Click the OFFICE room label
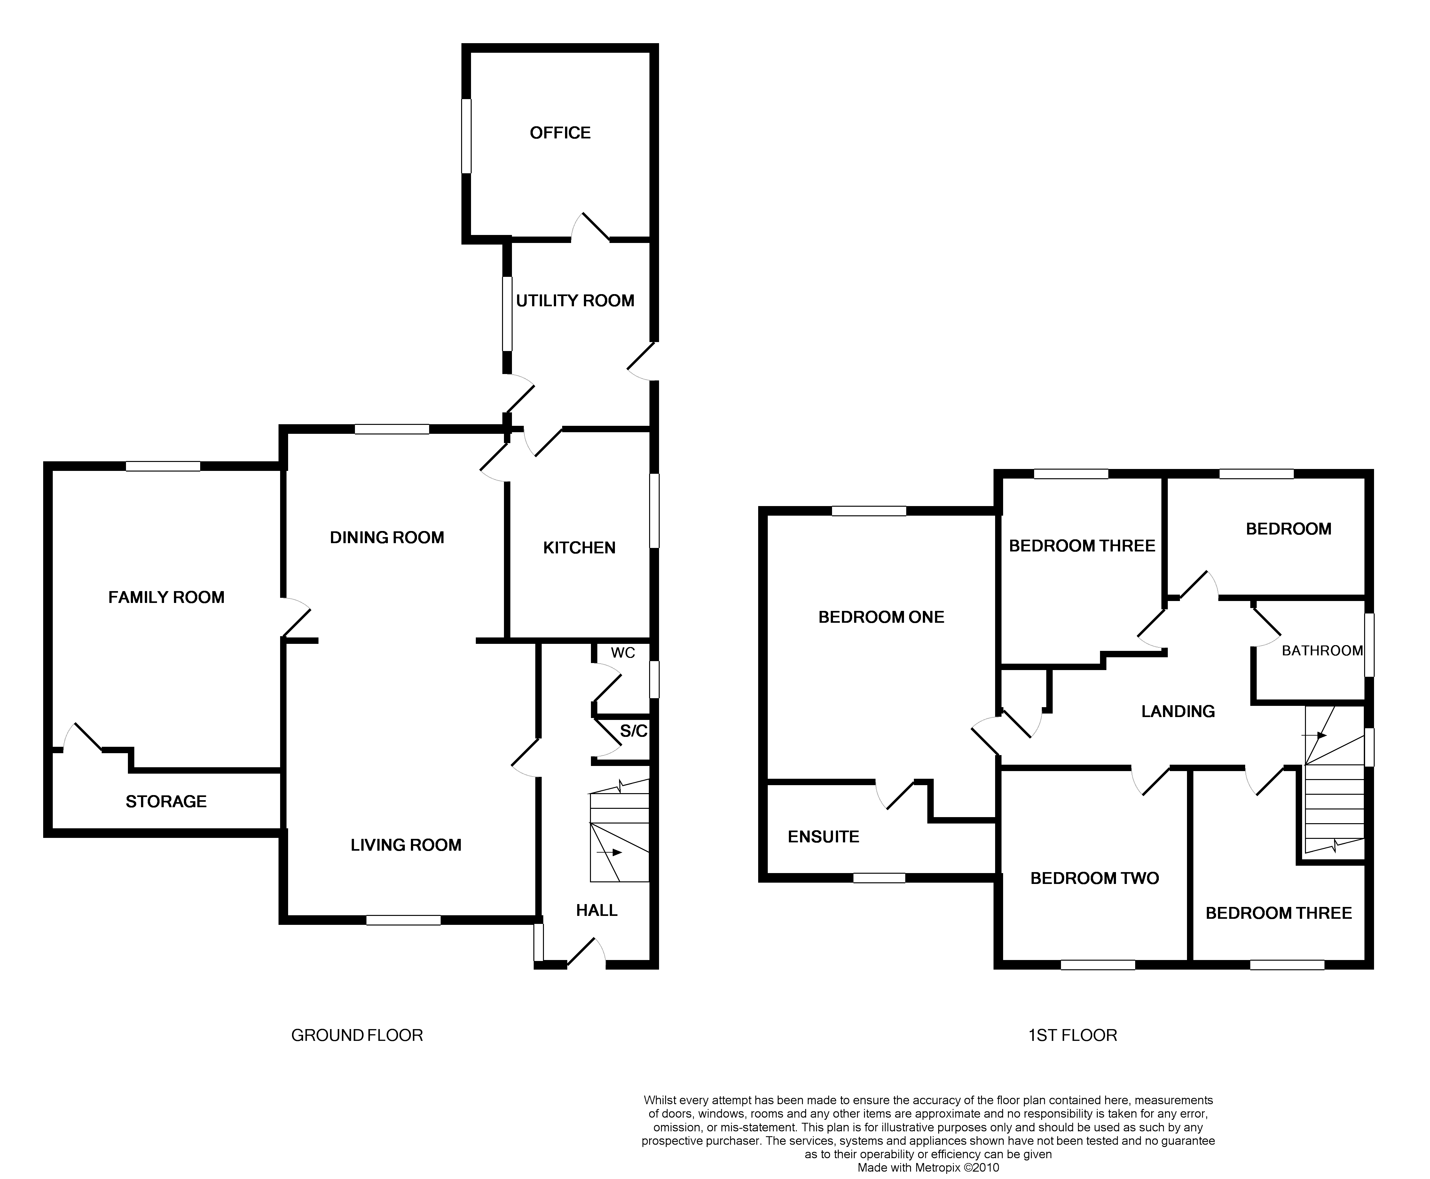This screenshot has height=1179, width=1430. click(x=560, y=133)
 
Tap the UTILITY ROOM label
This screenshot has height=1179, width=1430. click(x=575, y=301)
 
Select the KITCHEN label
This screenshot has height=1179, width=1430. click(x=579, y=548)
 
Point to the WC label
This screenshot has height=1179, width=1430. click(x=622, y=653)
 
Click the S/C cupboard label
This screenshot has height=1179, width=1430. click(x=633, y=731)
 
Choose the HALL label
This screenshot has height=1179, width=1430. click(x=596, y=911)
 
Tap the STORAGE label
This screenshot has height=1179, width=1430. click(x=166, y=802)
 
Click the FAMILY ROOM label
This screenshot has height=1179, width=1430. click(x=166, y=597)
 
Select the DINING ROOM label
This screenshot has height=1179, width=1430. click(x=387, y=538)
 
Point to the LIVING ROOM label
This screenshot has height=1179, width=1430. click(x=405, y=846)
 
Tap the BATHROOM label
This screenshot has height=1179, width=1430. click(x=1322, y=651)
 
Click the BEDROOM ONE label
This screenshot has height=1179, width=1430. click(x=881, y=617)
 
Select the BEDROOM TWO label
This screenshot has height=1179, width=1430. click(x=1095, y=879)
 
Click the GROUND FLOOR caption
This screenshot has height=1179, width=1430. click(x=357, y=1036)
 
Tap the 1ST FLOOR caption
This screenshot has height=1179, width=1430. click(x=1072, y=1036)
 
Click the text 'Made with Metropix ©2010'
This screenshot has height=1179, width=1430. click(x=928, y=1168)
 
